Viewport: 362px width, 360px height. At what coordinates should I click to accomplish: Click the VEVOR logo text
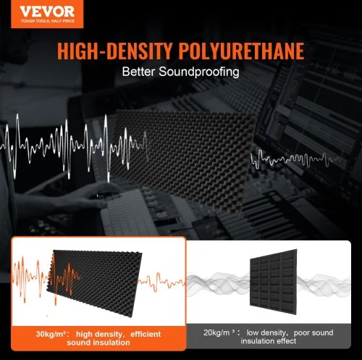(x=47, y=12)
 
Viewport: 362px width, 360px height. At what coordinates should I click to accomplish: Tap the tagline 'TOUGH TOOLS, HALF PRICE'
(x=48, y=21)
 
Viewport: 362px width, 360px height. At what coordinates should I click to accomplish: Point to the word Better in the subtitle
(x=138, y=72)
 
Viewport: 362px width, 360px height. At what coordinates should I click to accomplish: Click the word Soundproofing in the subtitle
(x=199, y=72)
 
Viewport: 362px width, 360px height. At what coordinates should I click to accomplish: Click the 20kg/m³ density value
(x=219, y=332)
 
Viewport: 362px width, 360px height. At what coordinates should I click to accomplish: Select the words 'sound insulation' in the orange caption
(x=98, y=343)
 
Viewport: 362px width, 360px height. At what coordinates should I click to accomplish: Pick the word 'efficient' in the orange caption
(x=146, y=334)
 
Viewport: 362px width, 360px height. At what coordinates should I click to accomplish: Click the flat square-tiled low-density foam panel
(x=274, y=282)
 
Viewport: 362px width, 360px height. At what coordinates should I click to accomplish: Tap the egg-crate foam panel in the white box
(x=94, y=283)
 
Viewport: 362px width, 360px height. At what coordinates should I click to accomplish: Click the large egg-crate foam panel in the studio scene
(x=182, y=162)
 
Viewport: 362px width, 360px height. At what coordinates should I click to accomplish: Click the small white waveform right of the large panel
(x=295, y=159)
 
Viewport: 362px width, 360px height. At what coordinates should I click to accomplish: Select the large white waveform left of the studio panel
(x=74, y=147)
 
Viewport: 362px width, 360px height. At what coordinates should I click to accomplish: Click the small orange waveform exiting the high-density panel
(x=161, y=281)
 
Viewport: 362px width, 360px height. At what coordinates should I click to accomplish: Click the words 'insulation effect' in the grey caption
(x=269, y=341)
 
